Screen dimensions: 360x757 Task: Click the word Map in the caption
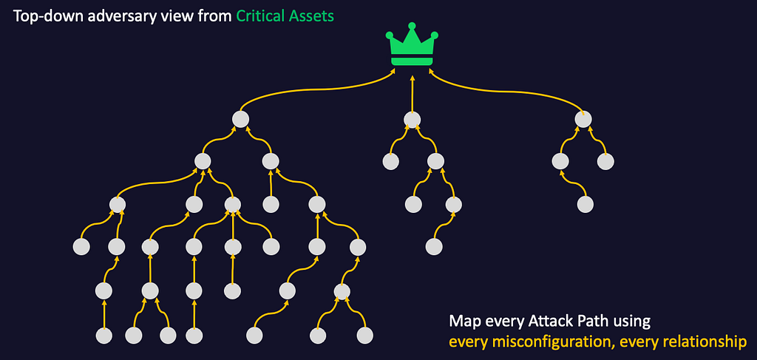pos(463,322)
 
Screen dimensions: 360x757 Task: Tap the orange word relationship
pos(705,342)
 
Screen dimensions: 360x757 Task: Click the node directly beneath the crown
pos(413,119)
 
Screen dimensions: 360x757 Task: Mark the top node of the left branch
pos(240,118)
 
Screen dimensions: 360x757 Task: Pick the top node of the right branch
pos(584,118)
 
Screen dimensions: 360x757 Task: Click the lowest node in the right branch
pos(585,203)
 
